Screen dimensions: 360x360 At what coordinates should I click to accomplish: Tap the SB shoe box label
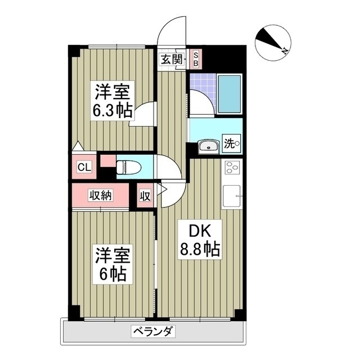tap(196, 58)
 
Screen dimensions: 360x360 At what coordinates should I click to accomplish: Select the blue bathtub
tap(229, 93)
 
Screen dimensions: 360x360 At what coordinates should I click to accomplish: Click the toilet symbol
tap(128, 167)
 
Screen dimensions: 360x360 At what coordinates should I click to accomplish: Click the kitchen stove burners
tap(232, 168)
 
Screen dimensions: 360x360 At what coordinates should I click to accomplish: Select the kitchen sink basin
tap(232, 197)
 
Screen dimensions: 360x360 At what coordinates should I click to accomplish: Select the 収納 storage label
tap(101, 195)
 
